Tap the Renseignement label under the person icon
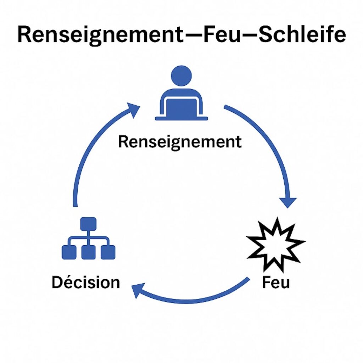pos(180,142)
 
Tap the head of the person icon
pos(181,76)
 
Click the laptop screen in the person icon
pos(181,107)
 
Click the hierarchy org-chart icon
pos(88,238)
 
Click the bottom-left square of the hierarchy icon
pos(69,252)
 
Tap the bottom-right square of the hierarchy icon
pos(108,252)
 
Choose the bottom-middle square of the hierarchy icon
pos(88,252)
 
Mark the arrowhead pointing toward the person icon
pos(134,109)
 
